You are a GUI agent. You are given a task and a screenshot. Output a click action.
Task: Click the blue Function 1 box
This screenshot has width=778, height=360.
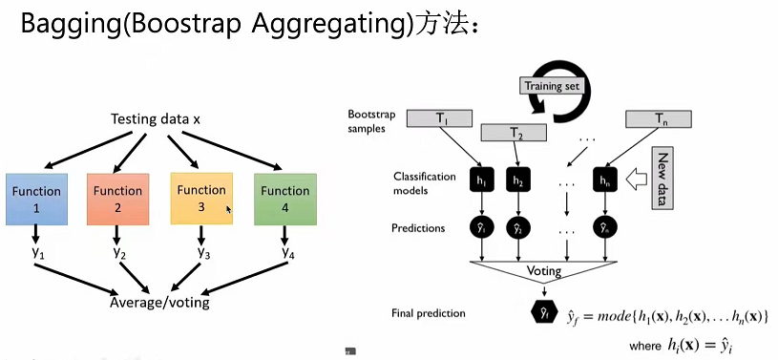[36, 198]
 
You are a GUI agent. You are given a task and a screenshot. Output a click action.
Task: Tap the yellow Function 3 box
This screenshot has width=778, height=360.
[201, 198]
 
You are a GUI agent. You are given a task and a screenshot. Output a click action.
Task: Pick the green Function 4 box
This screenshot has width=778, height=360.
[284, 198]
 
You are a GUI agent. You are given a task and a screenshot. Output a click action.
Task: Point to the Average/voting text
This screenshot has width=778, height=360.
[160, 304]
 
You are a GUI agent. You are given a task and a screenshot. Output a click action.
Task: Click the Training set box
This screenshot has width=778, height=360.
[551, 85]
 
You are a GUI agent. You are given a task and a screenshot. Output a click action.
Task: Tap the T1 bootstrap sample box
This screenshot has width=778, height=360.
[442, 119]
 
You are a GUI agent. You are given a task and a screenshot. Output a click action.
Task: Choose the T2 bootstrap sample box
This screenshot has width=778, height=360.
[516, 135]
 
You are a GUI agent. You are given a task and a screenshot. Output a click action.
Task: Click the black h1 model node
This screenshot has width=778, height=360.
[481, 180]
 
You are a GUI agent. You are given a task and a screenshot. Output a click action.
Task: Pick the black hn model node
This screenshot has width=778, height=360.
[603, 180]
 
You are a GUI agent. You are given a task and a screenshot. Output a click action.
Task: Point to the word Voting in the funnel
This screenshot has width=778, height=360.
[545, 271]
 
